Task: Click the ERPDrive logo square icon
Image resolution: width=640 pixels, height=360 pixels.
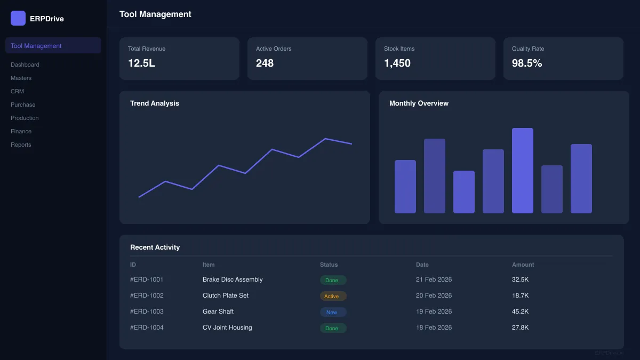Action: (18, 18)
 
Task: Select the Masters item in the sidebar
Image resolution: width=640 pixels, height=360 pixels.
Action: (21, 78)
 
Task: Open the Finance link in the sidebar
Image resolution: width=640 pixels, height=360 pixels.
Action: (21, 131)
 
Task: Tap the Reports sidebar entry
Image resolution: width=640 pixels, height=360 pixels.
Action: (21, 145)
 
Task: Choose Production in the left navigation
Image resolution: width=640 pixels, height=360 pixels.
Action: (25, 118)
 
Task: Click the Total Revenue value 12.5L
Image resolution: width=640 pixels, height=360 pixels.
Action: (141, 63)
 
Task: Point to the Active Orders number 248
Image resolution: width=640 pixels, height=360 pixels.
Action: (265, 63)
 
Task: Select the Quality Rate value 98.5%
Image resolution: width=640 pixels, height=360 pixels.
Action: (527, 63)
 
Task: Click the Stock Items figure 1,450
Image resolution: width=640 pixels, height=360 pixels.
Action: (397, 63)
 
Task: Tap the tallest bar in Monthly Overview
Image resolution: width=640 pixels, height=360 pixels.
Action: (522, 171)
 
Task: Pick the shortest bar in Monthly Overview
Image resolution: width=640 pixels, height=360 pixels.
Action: (463, 192)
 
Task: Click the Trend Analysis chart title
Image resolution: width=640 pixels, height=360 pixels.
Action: (155, 103)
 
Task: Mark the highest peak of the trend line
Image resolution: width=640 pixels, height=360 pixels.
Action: (325, 139)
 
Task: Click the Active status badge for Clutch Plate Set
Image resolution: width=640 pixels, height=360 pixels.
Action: (333, 296)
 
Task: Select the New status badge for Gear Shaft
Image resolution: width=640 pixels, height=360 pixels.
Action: (333, 312)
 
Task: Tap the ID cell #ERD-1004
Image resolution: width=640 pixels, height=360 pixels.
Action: (147, 327)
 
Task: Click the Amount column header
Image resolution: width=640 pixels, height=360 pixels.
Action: (523, 265)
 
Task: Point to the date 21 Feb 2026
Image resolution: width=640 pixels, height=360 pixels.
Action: (434, 279)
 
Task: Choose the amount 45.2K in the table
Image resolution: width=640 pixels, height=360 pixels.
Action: (520, 311)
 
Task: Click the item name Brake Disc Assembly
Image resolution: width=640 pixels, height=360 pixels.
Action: (233, 279)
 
